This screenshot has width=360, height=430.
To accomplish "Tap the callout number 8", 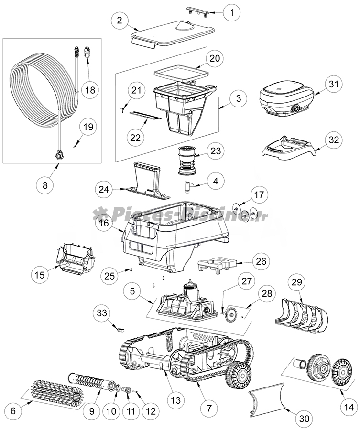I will (x=45, y=185).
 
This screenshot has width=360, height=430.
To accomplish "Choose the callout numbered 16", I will (x=105, y=223).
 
